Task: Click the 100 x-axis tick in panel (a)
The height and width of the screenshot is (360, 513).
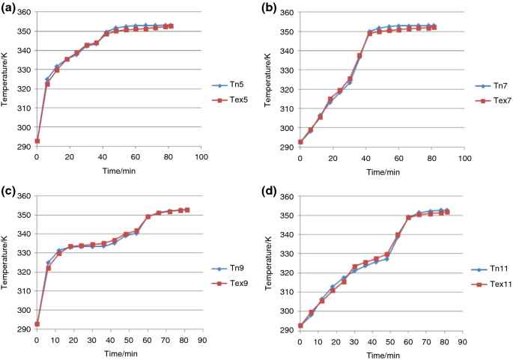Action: pyautogui.click(x=201, y=158)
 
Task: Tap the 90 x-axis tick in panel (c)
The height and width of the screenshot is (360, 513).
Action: pyautogui.click(x=201, y=341)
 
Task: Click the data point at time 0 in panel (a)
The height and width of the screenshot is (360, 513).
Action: pyautogui.click(x=37, y=141)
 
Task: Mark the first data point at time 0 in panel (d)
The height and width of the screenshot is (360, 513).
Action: pyautogui.click(x=300, y=326)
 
